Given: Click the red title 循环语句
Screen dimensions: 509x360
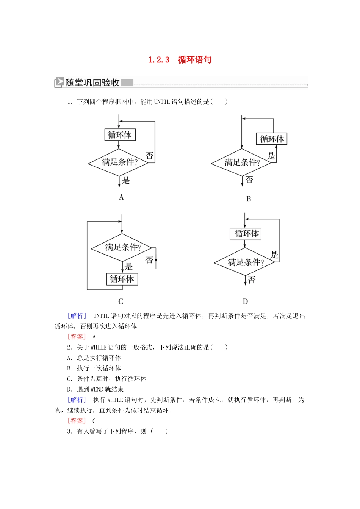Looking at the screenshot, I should coord(195,60).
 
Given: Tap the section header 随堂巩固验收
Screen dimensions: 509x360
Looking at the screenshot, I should coord(92,83).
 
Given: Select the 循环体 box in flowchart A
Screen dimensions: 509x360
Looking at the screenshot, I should coord(120,135).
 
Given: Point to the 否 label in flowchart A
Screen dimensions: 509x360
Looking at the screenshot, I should coord(150,155).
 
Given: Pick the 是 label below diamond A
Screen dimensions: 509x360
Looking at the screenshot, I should coord(126,181).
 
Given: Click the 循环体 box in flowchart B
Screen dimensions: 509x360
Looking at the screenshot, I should coord(272,139).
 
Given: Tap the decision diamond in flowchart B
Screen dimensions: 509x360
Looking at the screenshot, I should coord(242,162).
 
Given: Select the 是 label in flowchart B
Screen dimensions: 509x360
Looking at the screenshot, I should coord(271,156).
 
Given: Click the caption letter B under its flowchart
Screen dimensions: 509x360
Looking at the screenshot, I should coord(249,199).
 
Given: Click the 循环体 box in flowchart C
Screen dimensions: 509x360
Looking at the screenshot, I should coord(122,279).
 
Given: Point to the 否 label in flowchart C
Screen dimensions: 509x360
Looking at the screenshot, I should coord(149,260).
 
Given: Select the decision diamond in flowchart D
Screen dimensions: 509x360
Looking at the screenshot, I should coord(245,262).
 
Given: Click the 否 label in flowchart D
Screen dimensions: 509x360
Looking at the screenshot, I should coord(252,280).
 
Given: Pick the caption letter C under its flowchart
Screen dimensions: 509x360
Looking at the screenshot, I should coord(121,301).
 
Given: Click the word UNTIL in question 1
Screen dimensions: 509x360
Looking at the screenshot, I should coord(162,101).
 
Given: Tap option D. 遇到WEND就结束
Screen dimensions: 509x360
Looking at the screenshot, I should coord(95,389).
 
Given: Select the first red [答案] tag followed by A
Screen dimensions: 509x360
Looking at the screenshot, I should coord(77,337).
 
